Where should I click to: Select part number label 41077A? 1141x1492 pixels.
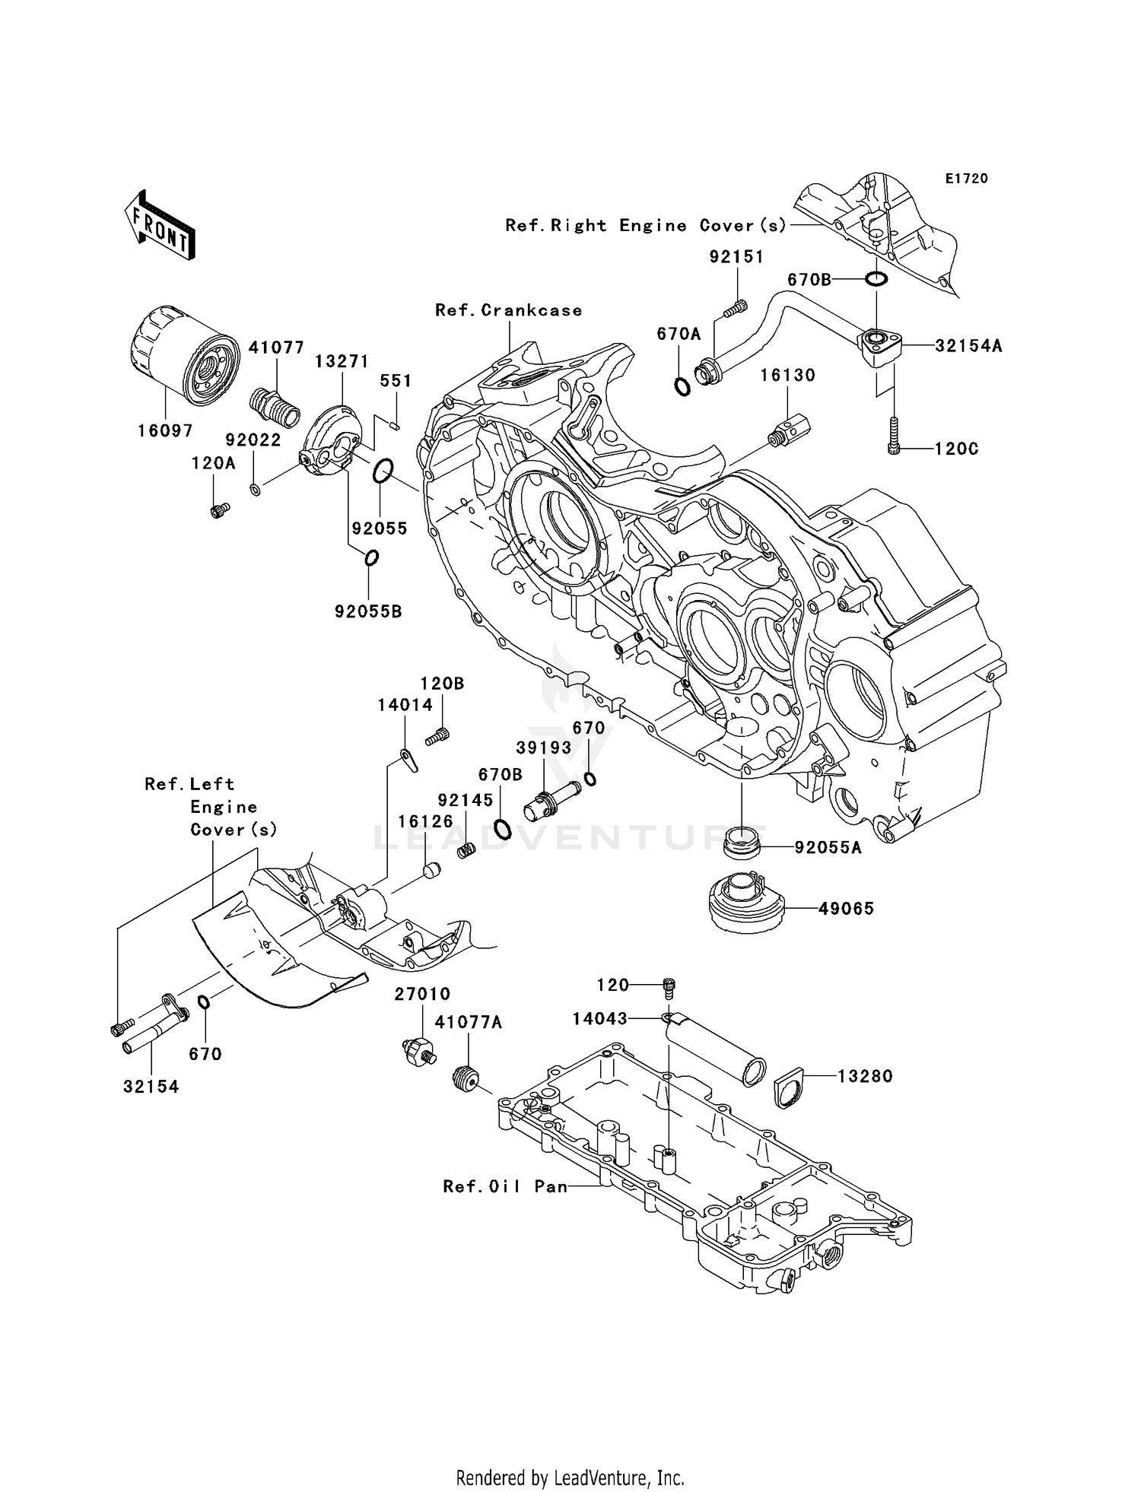click(469, 1023)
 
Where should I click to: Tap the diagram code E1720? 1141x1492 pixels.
click(966, 178)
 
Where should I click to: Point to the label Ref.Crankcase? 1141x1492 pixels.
click(508, 310)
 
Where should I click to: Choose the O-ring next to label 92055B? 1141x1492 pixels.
click(371, 558)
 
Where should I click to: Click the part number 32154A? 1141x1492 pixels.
click(968, 345)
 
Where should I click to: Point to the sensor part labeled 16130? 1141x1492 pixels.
click(790, 432)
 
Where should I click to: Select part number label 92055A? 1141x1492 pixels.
click(828, 847)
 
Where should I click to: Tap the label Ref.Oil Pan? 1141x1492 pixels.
click(505, 1186)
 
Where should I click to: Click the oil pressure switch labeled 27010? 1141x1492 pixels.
click(416, 1051)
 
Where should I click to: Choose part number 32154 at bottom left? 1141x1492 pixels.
click(151, 1087)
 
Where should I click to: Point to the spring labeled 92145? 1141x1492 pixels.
click(466, 849)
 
